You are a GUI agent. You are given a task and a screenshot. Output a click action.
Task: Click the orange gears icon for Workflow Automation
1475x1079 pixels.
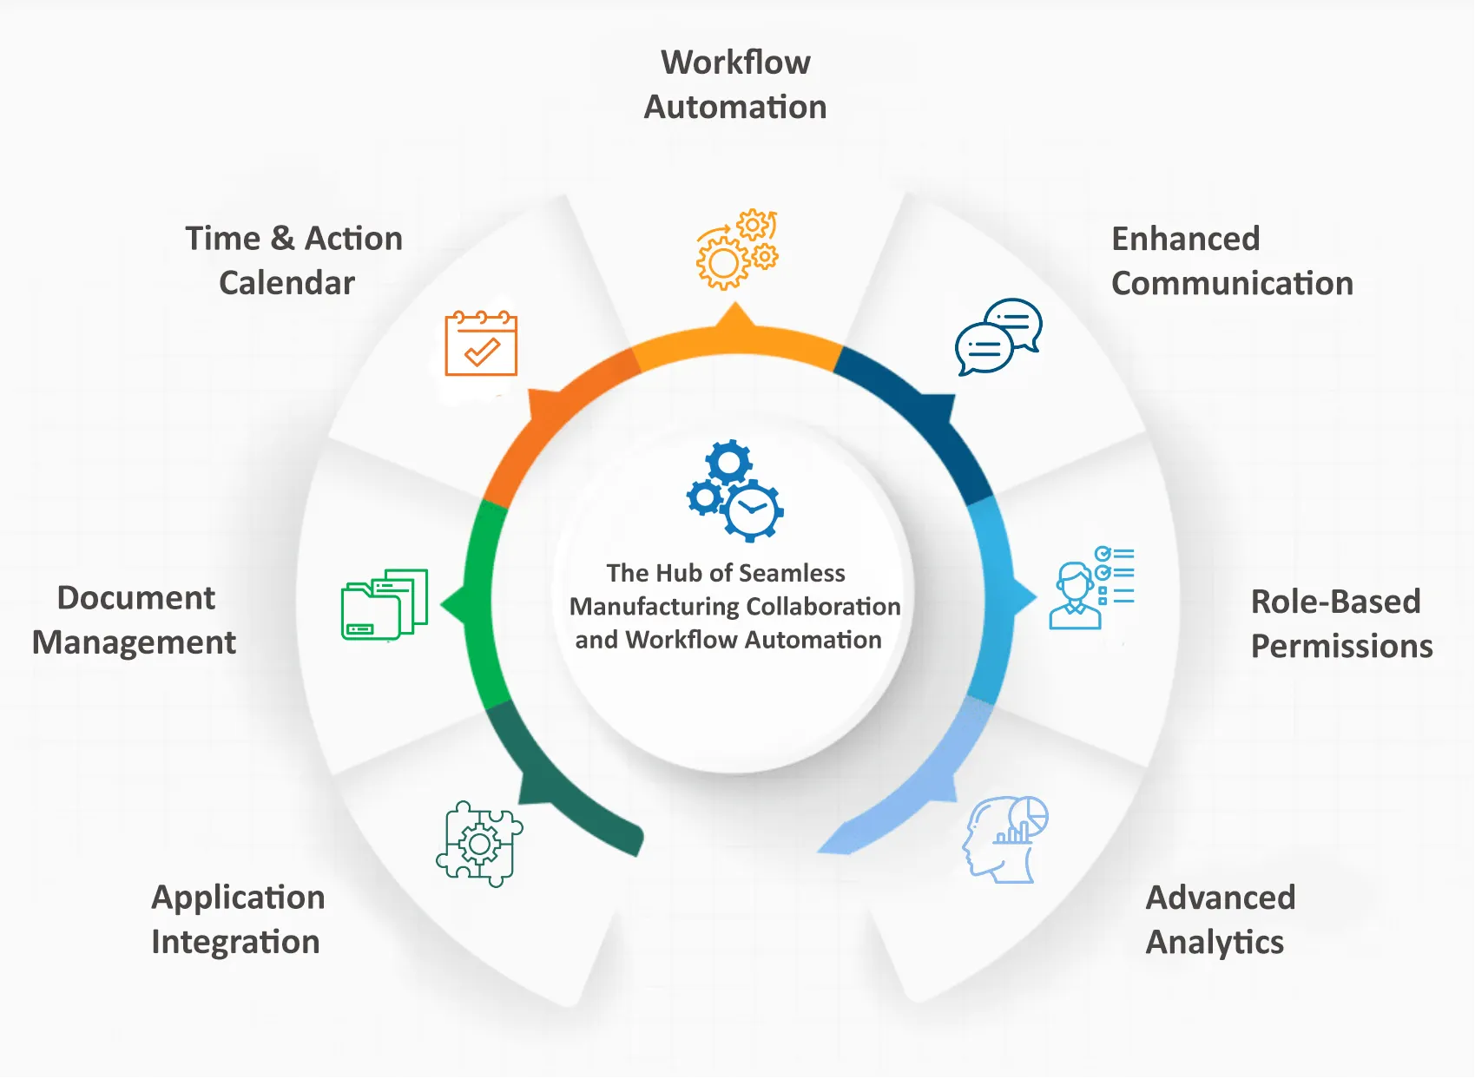tap(737, 250)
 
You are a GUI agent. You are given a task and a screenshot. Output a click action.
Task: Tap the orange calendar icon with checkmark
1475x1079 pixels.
tap(481, 344)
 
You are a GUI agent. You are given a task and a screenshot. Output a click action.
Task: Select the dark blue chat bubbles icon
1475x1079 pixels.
tap(998, 337)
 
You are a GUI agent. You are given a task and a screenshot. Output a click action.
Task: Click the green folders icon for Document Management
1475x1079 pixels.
tap(385, 604)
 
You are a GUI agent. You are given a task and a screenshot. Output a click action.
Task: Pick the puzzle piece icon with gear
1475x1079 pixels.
tap(479, 843)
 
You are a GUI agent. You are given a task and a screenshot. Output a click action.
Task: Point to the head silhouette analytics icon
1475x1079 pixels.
tap(1005, 839)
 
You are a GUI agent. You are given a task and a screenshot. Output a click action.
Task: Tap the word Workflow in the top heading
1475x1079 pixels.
tap(735, 63)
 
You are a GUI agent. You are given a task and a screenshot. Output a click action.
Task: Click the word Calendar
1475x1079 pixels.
tap(286, 283)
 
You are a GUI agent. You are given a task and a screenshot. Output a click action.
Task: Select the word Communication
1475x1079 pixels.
tap(1232, 284)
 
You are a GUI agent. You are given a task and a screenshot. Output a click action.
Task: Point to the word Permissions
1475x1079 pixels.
tap(1341, 647)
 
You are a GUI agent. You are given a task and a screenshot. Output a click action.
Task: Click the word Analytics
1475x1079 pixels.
tap(1215, 943)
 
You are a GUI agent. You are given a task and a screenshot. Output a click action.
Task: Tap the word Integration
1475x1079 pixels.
tap(235, 943)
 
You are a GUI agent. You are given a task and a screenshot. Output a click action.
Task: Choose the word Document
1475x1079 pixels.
tap(136, 598)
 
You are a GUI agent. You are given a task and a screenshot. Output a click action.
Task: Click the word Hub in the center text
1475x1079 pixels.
tap(679, 573)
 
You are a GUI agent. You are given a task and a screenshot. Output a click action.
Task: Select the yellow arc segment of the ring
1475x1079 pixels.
tap(736, 344)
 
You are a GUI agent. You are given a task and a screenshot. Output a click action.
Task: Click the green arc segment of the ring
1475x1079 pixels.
tap(479, 599)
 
